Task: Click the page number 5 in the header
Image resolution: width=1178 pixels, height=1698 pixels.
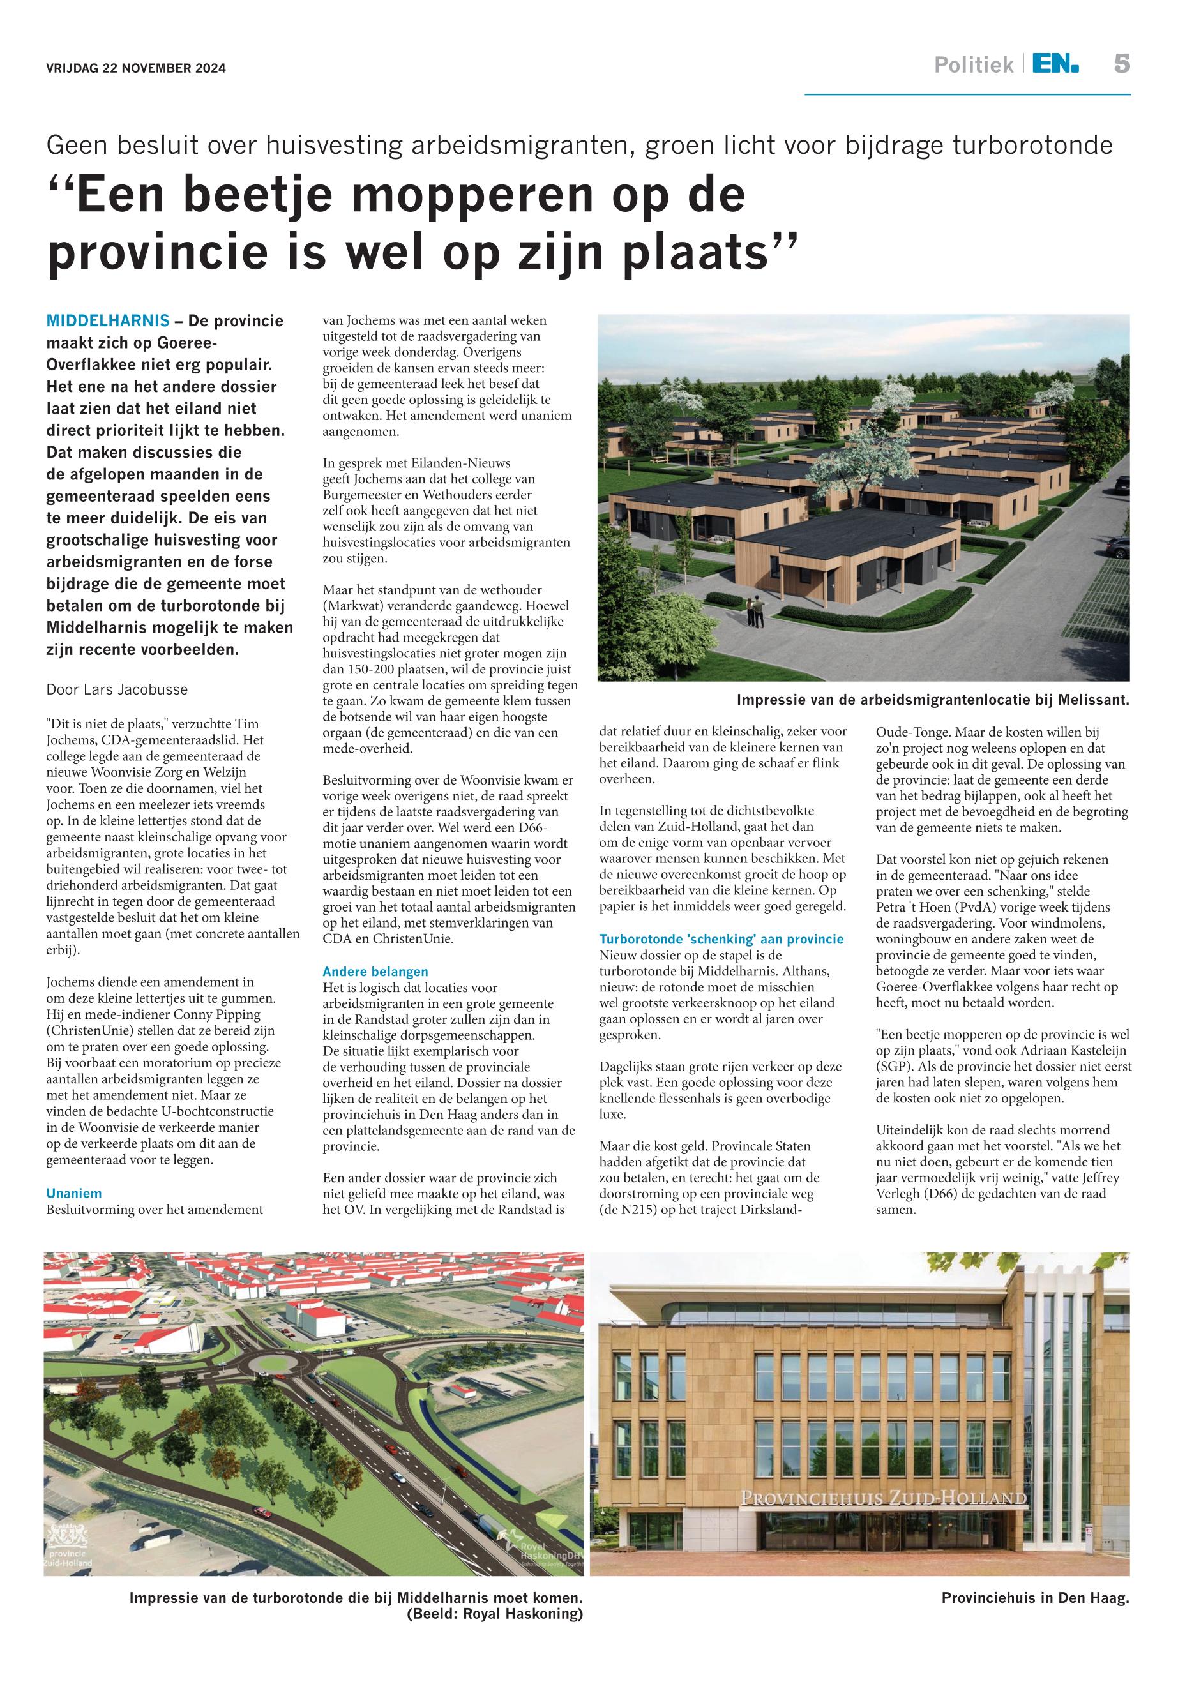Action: click(1121, 65)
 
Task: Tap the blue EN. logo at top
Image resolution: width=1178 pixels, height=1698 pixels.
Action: click(1055, 65)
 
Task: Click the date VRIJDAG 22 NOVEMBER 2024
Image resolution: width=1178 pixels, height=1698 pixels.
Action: click(136, 69)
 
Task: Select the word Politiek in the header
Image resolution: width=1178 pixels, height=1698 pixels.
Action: click(974, 66)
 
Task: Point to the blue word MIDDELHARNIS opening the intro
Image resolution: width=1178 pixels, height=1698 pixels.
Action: click(108, 321)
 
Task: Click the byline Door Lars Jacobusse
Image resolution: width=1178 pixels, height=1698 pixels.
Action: click(117, 690)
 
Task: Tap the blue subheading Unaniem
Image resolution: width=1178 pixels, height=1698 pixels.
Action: click(74, 1193)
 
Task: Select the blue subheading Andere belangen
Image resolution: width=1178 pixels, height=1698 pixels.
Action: click(375, 972)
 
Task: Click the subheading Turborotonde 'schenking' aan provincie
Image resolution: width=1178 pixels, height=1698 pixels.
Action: click(721, 940)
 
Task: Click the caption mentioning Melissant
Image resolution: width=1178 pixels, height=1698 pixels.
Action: click(932, 700)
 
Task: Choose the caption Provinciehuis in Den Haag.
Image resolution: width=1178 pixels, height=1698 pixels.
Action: click(1035, 1598)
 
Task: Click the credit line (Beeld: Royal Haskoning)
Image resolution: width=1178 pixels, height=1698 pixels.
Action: click(495, 1614)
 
